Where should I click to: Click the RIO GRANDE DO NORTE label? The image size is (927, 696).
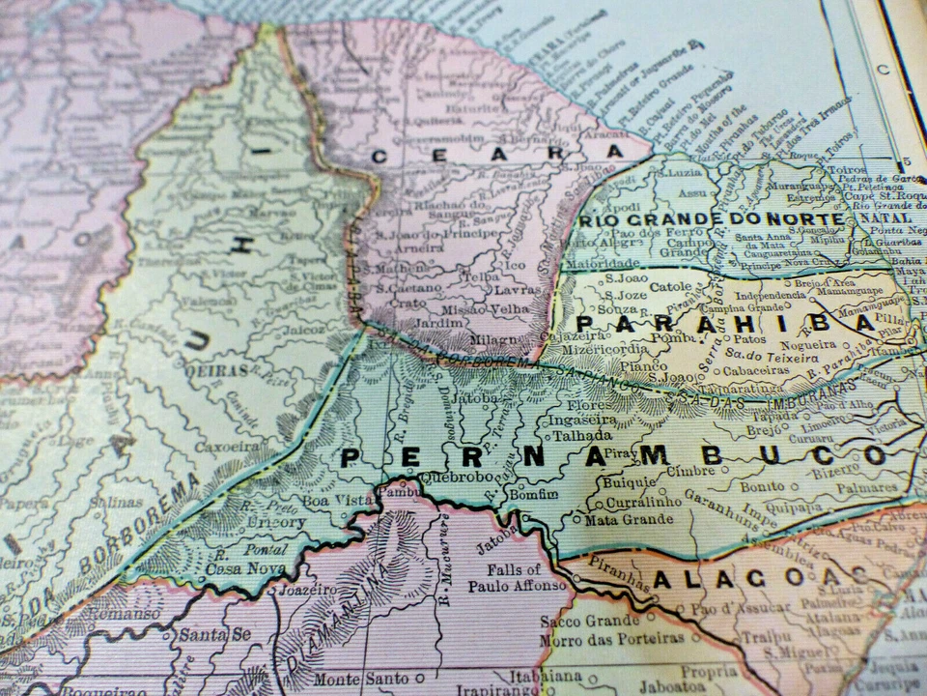711,219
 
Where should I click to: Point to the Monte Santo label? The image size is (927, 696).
350,679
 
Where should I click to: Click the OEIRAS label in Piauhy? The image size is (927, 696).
218,371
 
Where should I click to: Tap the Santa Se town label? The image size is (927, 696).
205,635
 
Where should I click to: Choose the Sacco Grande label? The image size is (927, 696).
589,621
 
